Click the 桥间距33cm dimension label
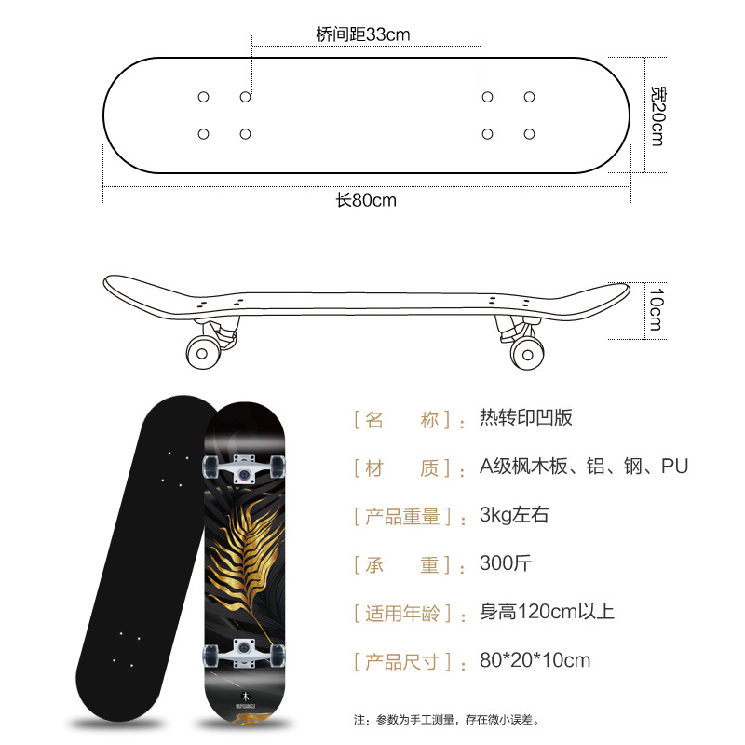pos(363,34)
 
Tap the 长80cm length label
pos(366,200)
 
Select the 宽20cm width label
pos(657,115)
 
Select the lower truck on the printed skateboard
pos(245,649)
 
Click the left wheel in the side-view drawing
pos(202,351)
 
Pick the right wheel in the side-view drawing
pos(528,352)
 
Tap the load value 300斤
pos(506,563)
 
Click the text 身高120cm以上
pos(547,612)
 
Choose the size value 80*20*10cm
pos(535,660)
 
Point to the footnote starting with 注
pos(446,719)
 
